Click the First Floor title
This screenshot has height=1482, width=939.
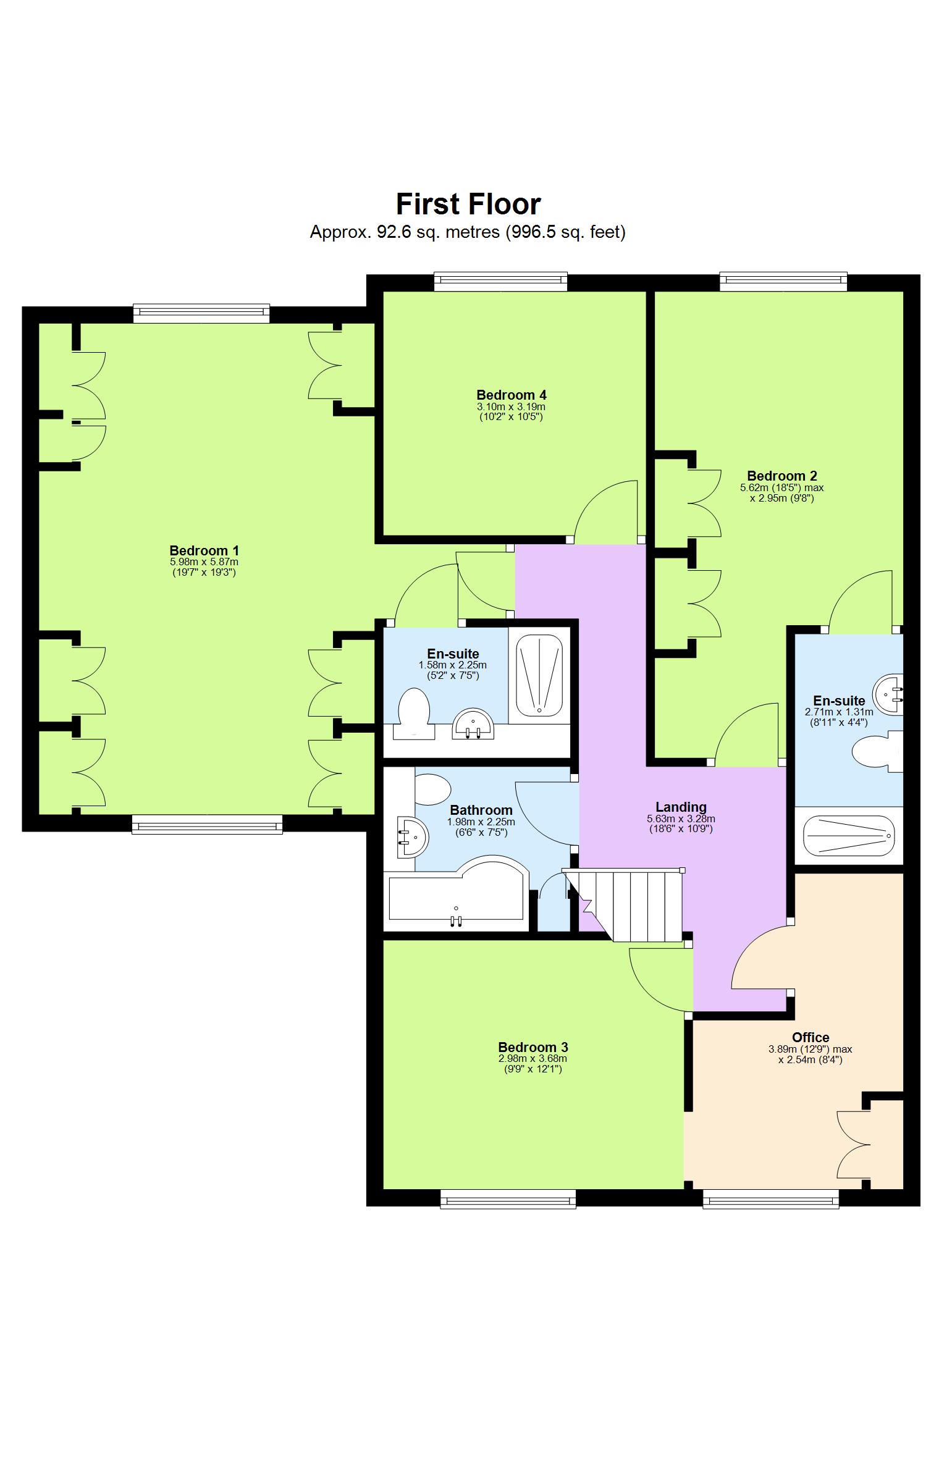[x=468, y=204]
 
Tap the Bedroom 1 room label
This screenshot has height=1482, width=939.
[x=204, y=550]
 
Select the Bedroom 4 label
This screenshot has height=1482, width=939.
[x=511, y=395]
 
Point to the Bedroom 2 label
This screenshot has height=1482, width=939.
[x=781, y=476]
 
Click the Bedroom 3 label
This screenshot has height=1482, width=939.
[x=533, y=1047]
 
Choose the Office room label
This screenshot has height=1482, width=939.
[x=811, y=1037]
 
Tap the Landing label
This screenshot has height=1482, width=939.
[x=681, y=807]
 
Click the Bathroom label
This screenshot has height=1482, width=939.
[x=481, y=810]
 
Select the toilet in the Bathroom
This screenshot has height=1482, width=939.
[x=432, y=789]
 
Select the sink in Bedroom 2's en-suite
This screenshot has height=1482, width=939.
[x=888, y=695]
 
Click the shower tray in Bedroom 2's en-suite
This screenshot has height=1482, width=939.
[x=849, y=836]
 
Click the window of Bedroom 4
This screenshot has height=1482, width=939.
[x=500, y=282]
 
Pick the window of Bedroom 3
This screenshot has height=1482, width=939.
[x=508, y=1200]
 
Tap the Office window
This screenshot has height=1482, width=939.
[x=771, y=1200]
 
